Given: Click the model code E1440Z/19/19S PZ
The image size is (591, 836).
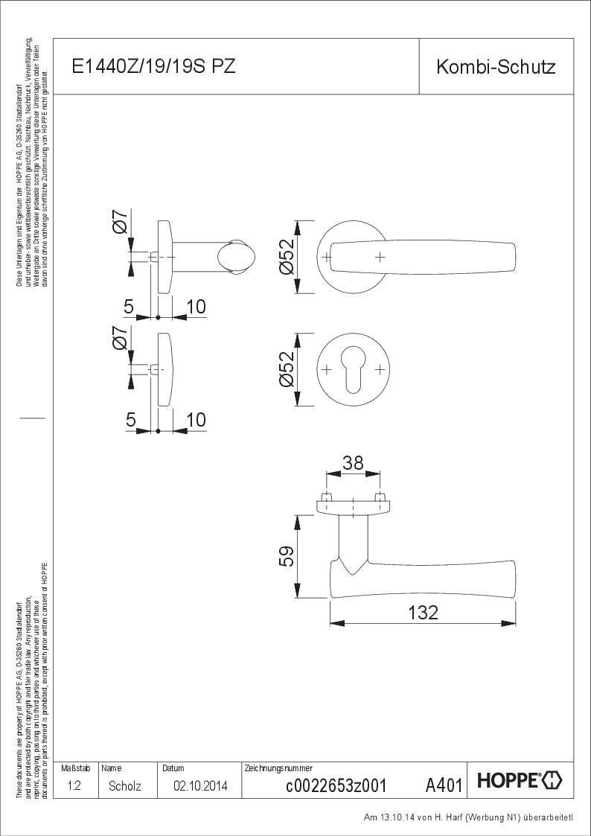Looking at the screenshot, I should (x=153, y=67).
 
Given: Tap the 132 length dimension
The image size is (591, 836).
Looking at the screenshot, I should (x=423, y=612).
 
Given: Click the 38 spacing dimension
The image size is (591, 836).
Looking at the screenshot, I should (x=353, y=463).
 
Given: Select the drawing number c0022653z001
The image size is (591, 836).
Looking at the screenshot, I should (x=335, y=785).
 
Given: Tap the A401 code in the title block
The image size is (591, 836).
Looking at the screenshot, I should (x=444, y=785).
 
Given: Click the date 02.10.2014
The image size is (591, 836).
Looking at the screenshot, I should (x=200, y=785).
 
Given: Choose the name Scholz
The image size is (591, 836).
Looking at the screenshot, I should (x=124, y=785).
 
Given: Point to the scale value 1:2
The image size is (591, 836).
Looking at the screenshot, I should (x=74, y=785).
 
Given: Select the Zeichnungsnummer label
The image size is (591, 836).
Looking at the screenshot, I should (x=278, y=767).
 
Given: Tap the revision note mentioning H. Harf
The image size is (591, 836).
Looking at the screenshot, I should (x=468, y=817).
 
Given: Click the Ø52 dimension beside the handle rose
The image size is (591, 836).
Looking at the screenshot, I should (x=287, y=258).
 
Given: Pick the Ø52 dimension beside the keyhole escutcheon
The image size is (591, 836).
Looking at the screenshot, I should (x=287, y=370).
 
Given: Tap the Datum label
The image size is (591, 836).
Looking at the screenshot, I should (x=173, y=767).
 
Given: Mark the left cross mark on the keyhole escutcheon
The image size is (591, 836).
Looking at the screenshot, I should (x=326, y=369).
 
